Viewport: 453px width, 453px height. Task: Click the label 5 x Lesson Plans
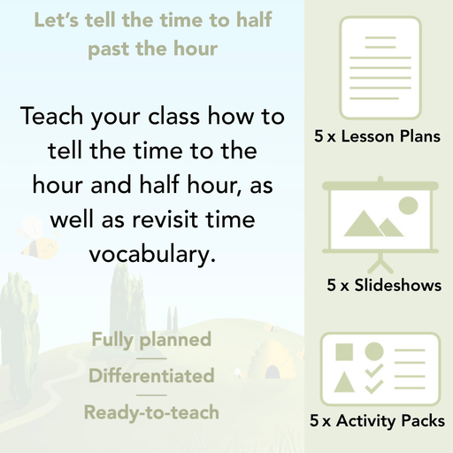[377, 137]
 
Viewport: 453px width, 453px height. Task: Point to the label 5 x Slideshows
[384, 286]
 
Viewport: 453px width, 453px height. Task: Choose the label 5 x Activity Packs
[377, 421]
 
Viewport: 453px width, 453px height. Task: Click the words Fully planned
[150, 339]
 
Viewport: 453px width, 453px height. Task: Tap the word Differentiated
[151, 375]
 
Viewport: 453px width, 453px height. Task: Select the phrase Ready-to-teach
[151, 411]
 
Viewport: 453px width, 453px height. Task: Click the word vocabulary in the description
[151, 256]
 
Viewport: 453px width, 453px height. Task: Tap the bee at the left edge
[41, 247]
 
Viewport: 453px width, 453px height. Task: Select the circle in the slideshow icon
[408, 206]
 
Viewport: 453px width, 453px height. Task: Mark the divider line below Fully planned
[151, 357]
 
